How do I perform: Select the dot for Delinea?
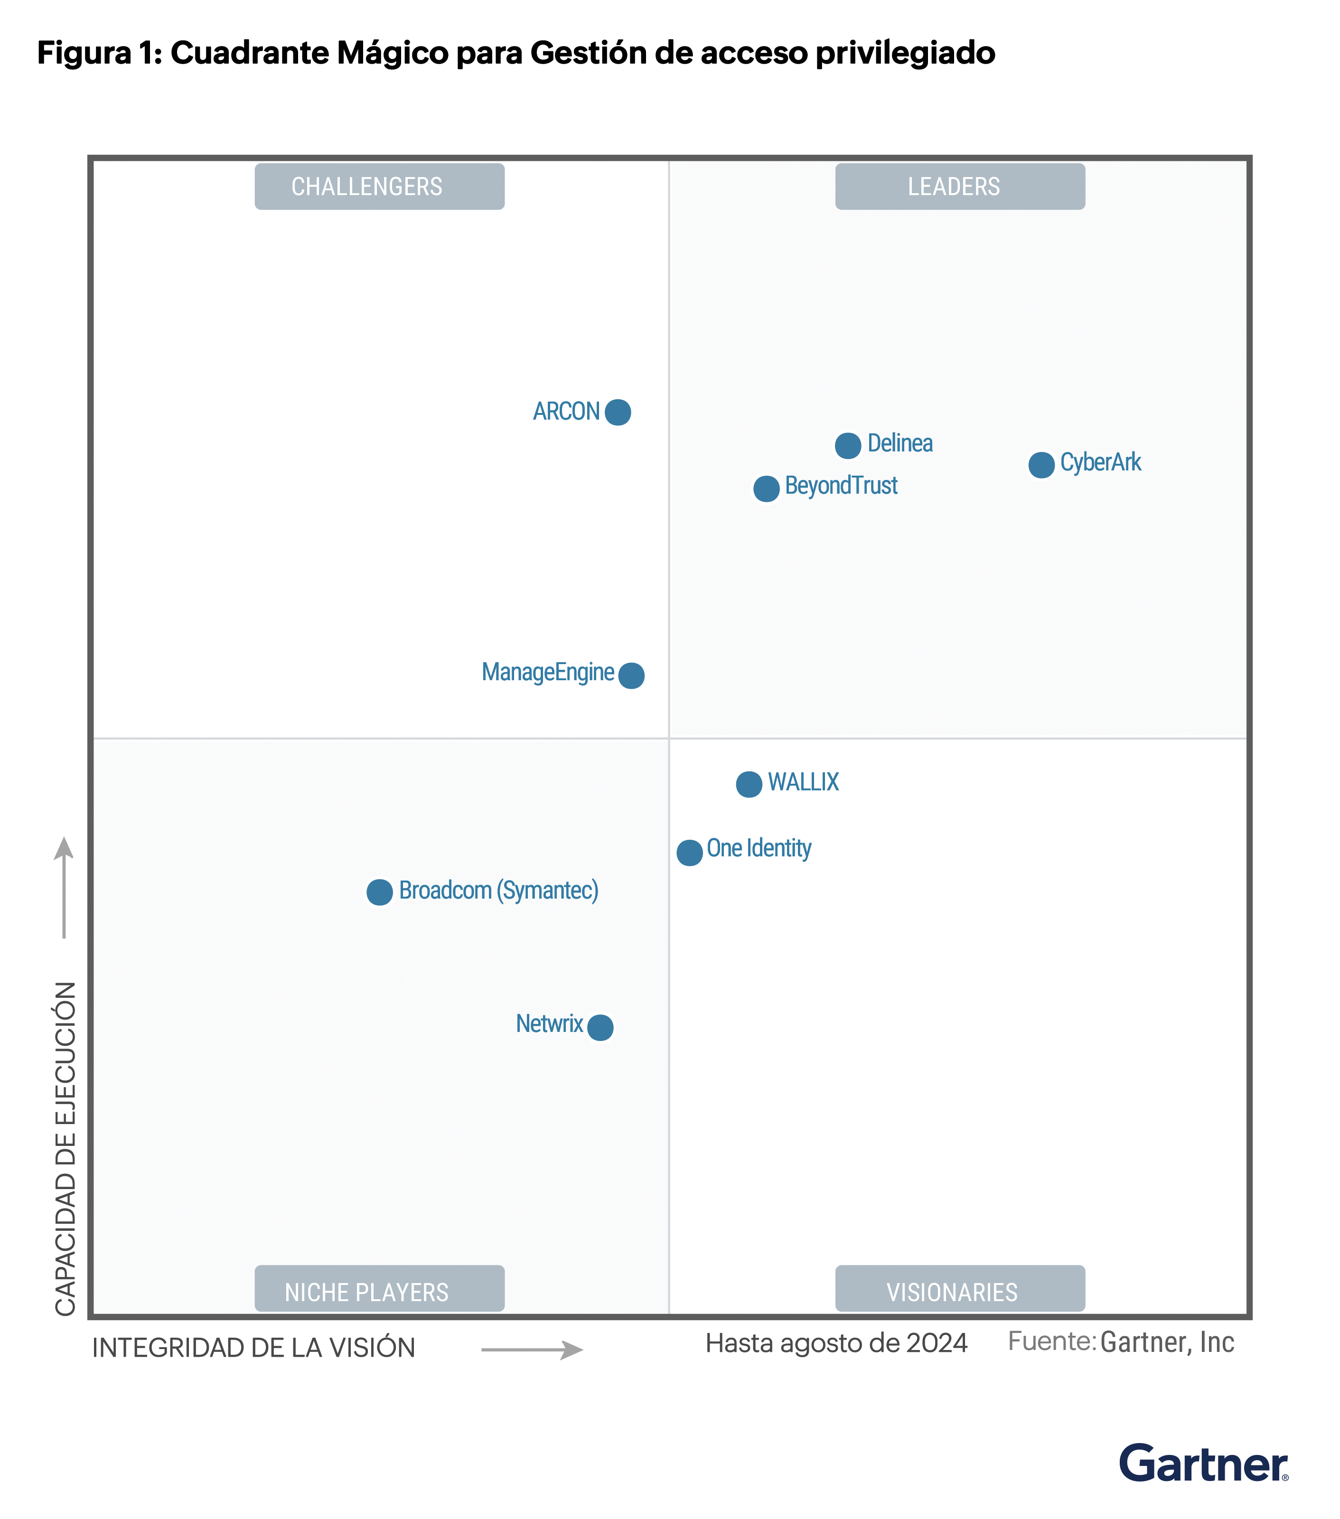point(847,446)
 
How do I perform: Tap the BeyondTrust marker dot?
point(766,489)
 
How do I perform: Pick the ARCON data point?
point(618,412)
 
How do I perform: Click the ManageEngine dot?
point(631,675)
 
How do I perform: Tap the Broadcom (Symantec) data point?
point(379,892)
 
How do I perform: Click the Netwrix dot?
point(600,1028)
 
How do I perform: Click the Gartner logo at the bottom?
point(1203,1464)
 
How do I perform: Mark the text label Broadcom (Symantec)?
point(499,891)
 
